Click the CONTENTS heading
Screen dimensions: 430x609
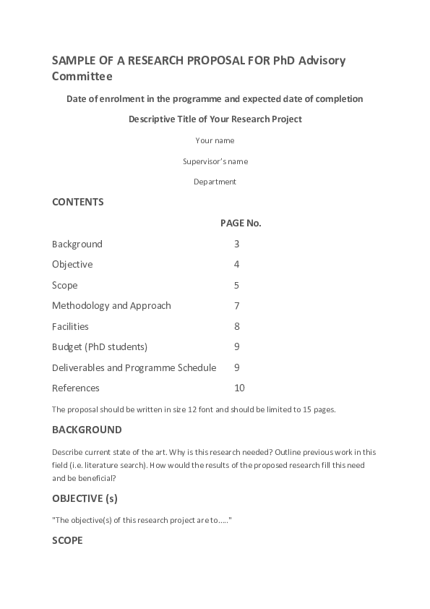[x=78, y=202]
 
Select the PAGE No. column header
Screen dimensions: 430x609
[x=241, y=223]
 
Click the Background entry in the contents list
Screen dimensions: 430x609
[x=77, y=244]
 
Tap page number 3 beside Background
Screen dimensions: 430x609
[x=236, y=244]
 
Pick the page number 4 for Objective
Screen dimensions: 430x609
[x=236, y=265]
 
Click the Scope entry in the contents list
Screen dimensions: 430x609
[x=65, y=286]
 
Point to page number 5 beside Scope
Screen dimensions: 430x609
[x=236, y=286]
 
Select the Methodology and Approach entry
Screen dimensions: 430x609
[x=111, y=306]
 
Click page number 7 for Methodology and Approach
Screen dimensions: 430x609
[x=236, y=306]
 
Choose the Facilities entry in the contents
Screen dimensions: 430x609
[x=70, y=327]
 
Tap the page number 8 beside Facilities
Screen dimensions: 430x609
[x=236, y=327]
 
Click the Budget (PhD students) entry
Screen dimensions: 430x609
[x=100, y=347]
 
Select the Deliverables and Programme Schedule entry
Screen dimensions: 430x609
[x=134, y=368]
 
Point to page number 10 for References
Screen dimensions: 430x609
[x=239, y=388]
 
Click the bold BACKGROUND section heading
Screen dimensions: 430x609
[x=87, y=430]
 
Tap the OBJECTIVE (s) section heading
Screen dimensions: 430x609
[x=85, y=498]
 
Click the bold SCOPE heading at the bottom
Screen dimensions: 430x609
[x=67, y=540]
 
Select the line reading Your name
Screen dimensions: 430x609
[x=215, y=140]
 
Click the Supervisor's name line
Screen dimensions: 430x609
[x=215, y=161]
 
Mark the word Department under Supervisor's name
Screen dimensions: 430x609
[x=215, y=182]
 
